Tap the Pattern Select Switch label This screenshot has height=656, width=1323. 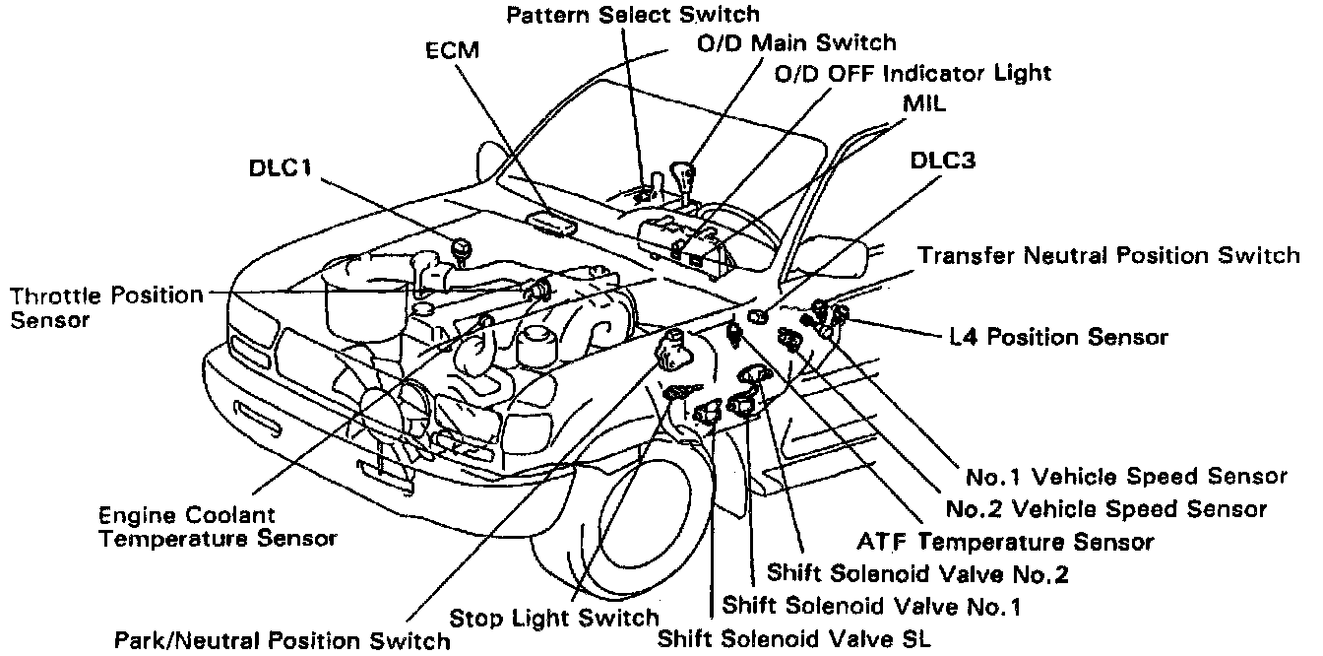[x=634, y=14]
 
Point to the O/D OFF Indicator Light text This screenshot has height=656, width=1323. [x=913, y=73]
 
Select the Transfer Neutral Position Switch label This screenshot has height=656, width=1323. [x=1108, y=256]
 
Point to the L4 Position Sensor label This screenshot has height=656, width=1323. [x=1058, y=337]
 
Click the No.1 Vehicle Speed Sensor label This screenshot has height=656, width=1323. [x=1126, y=477]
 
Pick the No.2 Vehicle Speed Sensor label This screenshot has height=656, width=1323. [x=1105, y=508]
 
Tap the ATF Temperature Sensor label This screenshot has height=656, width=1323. [x=1005, y=541]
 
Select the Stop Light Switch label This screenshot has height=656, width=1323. [x=554, y=618]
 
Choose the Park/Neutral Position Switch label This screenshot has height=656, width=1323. [x=282, y=640]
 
